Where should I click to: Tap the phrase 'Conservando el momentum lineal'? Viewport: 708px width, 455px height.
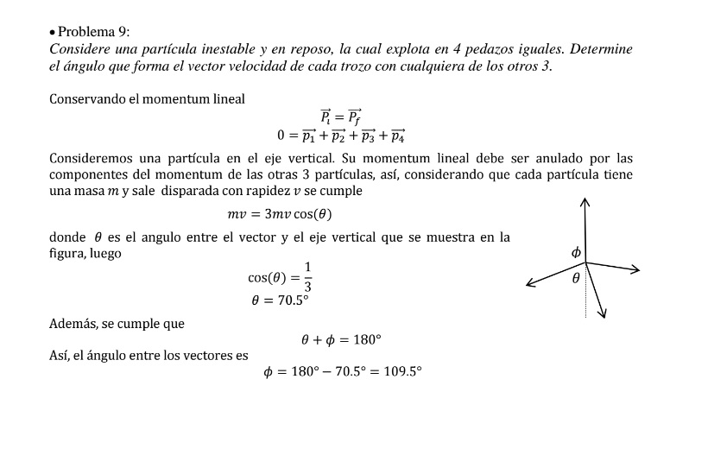[x=148, y=99]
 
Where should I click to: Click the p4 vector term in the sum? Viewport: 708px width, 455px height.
[x=396, y=136]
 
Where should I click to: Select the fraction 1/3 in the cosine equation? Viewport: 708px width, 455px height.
[x=307, y=276]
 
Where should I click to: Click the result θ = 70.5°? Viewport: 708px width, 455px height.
[x=280, y=300]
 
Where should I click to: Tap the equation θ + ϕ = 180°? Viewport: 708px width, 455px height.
[x=341, y=340]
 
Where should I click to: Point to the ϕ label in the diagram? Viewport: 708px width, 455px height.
[x=576, y=252]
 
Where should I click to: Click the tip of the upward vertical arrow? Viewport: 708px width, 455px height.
[x=585, y=201]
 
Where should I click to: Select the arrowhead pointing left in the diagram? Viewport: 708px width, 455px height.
[x=530, y=283]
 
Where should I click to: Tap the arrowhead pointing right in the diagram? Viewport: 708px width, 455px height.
[x=636, y=270]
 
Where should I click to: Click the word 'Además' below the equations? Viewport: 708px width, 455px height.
[x=73, y=324]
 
